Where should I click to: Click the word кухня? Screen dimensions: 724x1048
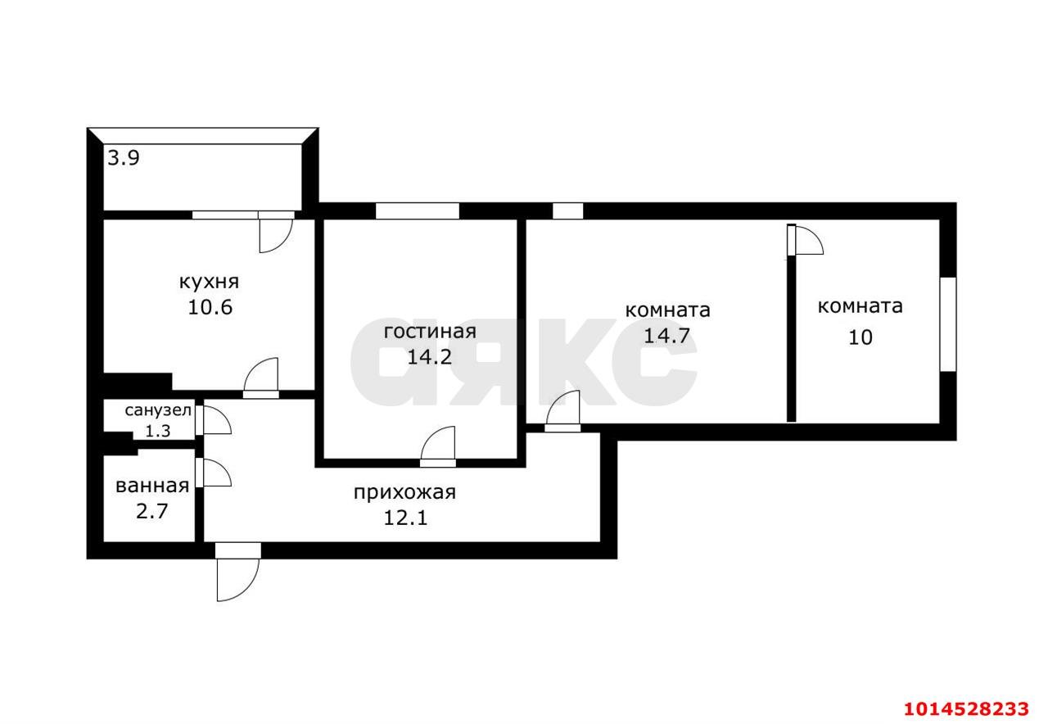point(209,283)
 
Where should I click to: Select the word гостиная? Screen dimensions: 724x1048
point(430,332)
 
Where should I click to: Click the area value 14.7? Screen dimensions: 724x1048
point(667,336)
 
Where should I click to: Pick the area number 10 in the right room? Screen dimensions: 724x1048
point(861,337)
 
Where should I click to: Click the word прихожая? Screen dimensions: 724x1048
point(404,493)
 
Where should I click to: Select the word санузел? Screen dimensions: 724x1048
point(158,410)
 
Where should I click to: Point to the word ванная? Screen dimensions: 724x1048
point(152,486)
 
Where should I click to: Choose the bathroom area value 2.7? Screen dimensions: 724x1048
point(152,512)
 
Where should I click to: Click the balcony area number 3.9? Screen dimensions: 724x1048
point(124,158)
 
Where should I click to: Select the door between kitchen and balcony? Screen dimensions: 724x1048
point(276,232)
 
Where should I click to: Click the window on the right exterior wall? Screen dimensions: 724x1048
point(947,324)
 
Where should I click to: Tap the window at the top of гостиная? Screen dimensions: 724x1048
point(417,211)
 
